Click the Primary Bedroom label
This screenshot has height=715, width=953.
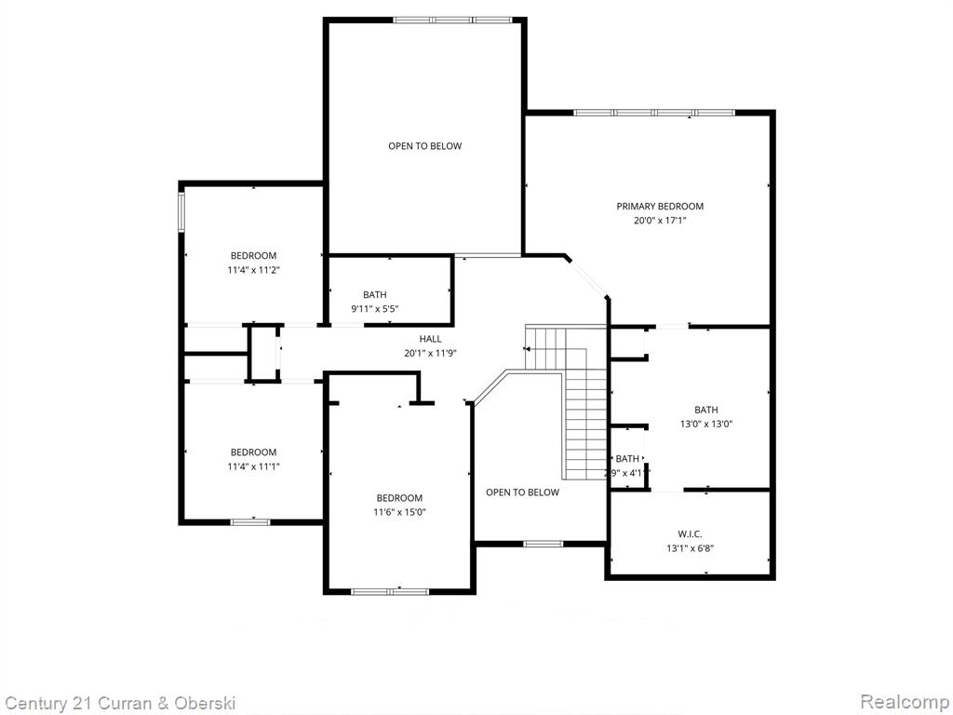pyautogui.click(x=660, y=207)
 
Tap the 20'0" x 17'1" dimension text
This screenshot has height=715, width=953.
pyautogui.click(x=660, y=221)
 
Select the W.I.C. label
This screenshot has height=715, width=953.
pyautogui.click(x=690, y=534)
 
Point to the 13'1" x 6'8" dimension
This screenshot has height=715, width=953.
pyautogui.click(x=690, y=548)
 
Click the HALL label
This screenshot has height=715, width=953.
pyautogui.click(x=430, y=339)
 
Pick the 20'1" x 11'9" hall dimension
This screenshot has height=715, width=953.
pyautogui.click(x=430, y=353)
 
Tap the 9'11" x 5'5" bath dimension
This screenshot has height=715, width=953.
pyautogui.click(x=375, y=309)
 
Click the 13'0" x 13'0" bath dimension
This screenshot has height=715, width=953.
pyautogui.click(x=706, y=425)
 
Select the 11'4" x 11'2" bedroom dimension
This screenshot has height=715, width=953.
pyautogui.click(x=253, y=270)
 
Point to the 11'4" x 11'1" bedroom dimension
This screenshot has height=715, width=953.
pyautogui.click(x=253, y=467)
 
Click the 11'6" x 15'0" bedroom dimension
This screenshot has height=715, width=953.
pyautogui.click(x=399, y=513)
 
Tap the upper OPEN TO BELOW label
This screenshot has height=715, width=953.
pyautogui.click(x=424, y=146)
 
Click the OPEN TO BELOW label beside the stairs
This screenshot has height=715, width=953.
pyautogui.click(x=522, y=492)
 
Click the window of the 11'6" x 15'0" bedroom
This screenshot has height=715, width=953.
pyautogui.click(x=390, y=591)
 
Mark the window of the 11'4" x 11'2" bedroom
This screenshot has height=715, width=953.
pyautogui.click(x=181, y=212)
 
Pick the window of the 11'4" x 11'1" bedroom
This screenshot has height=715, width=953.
pyautogui.click(x=250, y=522)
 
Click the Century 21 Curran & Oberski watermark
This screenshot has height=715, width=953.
pyautogui.click(x=120, y=704)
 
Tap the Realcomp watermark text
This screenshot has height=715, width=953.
pyautogui.click(x=905, y=702)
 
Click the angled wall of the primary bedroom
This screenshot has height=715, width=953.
pyautogui.click(x=587, y=277)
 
